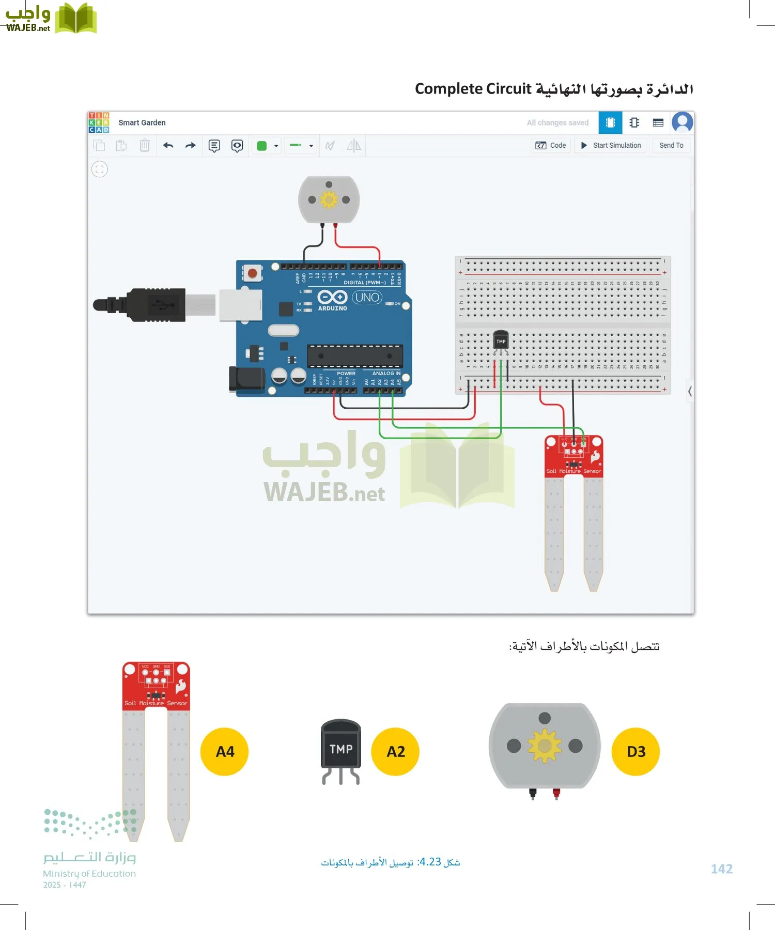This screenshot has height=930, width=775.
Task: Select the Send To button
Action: pyautogui.click(x=671, y=146)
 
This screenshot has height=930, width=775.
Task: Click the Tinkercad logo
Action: pyautogui.click(x=99, y=122)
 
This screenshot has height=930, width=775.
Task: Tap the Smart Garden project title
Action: pyautogui.click(x=142, y=122)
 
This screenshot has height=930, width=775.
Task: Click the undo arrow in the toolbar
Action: pyautogui.click(x=168, y=146)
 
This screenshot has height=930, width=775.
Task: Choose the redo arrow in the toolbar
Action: pyautogui.click(x=190, y=146)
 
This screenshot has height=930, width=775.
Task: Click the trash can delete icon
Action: pyautogui.click(x=145, y=146)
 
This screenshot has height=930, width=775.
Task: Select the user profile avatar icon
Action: pyautogui.click(x=682, y=122)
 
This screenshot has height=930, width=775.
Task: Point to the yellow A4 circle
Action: pyautogui.click(x=225, y=751)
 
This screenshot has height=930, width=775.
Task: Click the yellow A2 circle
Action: pyautogui.click(x=395, y=751)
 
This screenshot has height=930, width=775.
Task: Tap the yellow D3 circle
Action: pyautogui.click(x=636, y=751)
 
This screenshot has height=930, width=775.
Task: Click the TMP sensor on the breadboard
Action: pyautogui.click(x=501, y=341)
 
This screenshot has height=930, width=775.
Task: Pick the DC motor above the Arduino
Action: pyautogui.click(x=329, y=199)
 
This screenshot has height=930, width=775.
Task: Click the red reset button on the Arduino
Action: pyautogui.click(x=252, y=273)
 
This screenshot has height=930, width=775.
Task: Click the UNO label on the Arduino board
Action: pyautogui.click(x=367, y=298)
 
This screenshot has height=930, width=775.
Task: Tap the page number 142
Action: pyautogui.click(x=721, y=869)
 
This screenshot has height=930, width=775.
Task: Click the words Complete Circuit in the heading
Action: pyautogui.click(x=473, y=89)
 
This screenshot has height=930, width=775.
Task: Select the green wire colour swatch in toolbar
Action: pyautogui.click(x=262, y=146)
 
